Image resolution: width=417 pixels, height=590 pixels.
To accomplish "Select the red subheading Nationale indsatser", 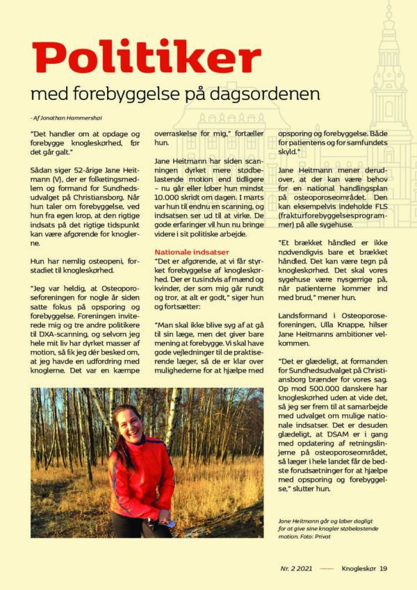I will point(192,251).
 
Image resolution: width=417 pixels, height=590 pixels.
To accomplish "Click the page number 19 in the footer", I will point(383,568).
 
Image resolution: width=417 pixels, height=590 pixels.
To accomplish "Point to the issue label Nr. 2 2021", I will point(296,568).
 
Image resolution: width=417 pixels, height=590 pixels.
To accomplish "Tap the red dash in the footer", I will point(327,568).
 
